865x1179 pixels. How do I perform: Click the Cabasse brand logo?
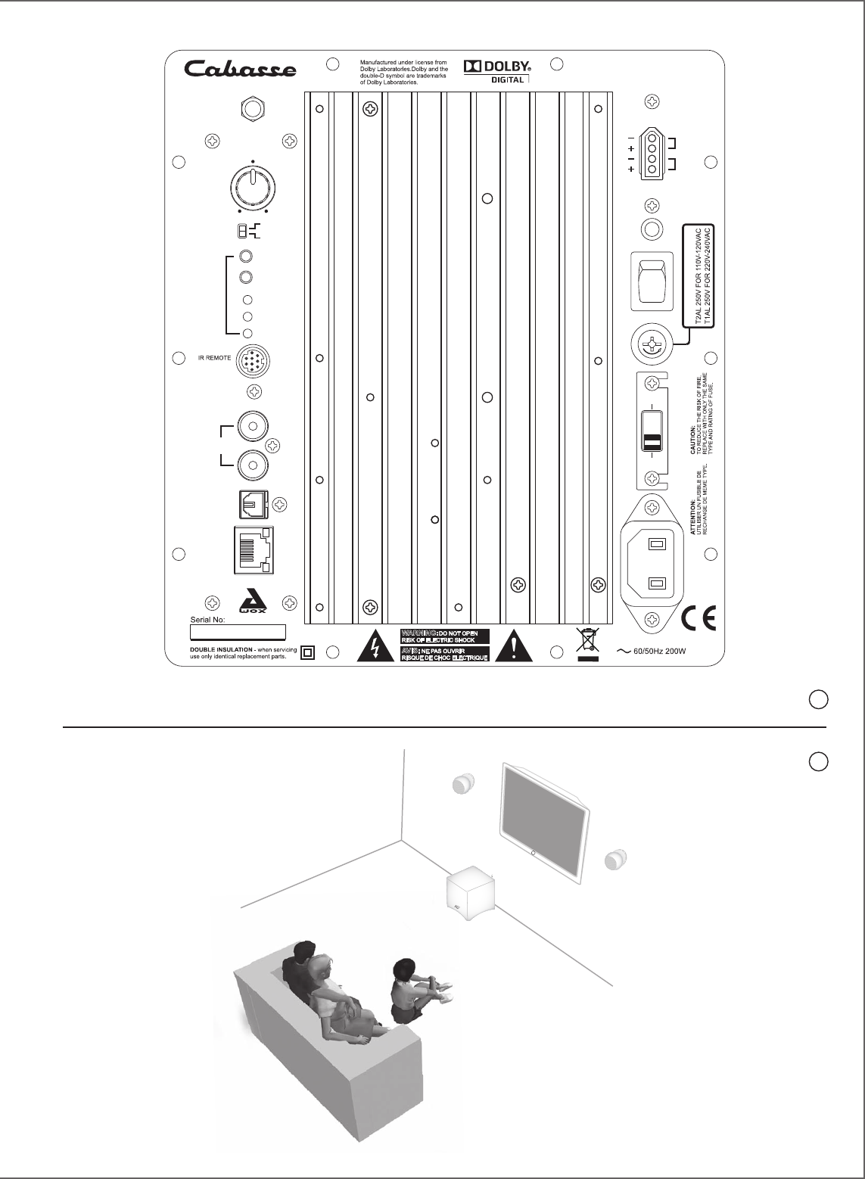tap(241, 70)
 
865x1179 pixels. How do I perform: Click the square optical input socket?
tap(251, 503)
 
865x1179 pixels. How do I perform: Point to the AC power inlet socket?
tap(653, 561)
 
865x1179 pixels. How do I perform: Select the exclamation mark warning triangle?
tap(514, 646)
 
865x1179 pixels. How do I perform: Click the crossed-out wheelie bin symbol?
tap(587, 642)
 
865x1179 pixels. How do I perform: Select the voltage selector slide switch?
tap(652, 432)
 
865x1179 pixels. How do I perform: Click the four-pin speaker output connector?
tap(652, 152)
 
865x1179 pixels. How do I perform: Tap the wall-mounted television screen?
tap(545, 820)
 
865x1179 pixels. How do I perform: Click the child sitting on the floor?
tap(413, 991)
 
